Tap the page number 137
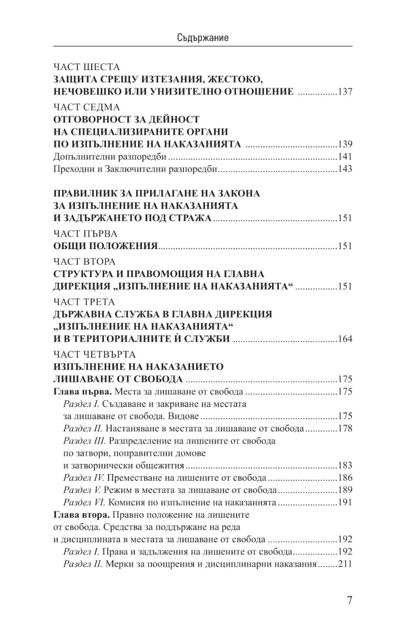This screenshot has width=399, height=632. tap(344, 92)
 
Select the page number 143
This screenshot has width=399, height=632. tap(344, 170)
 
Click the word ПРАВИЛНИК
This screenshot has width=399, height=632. tap(91, 193)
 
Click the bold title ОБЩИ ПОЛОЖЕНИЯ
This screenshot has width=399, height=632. tap(106, 246)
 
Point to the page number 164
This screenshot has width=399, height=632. tap(344, 339)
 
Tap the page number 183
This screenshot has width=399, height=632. tap(344, 466)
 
